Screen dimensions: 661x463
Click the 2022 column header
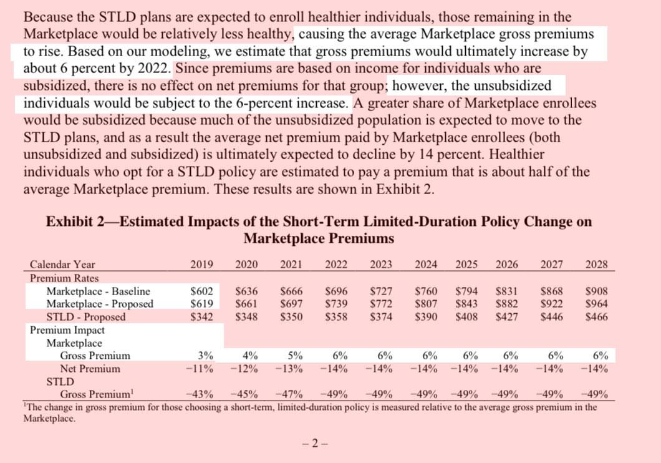[x=336, y=265]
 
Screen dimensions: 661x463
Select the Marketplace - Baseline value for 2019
[x=201, y=291]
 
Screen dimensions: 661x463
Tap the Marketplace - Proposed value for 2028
[x=597, y=304]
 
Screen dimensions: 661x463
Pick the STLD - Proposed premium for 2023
[x=381, y=317]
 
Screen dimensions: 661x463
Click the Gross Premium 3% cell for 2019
[x=205, y=356]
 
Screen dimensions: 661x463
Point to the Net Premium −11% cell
[x=200, y=369]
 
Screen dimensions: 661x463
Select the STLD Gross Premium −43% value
[x=200, y=395]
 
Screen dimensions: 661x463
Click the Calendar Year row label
[x=62, y=265]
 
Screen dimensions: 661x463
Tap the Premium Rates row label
[x=64, y=278]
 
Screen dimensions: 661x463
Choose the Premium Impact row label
[x=67, y=330]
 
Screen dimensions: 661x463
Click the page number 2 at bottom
[x=315, y=444]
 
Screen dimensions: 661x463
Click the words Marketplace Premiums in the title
[x=319, y=238]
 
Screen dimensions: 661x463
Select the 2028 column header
[x=597, y=265]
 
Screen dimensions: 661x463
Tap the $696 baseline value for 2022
[x=336, y=291]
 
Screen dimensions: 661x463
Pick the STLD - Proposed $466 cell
[x=597, y=317]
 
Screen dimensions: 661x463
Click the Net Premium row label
[x=90, y=369]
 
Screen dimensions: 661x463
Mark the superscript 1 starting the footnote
[x=25, y=406]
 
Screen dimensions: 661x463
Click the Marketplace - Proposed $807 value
[x=426, y=304]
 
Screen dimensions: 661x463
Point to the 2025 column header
[x=466, y=265]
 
